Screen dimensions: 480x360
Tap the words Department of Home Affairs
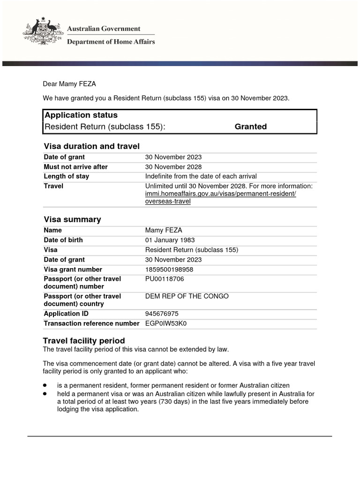(111, 42)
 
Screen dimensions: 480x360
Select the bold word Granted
(250, 127)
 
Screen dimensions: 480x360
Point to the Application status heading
(81, 115)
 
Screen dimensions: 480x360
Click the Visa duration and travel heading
(91, 146)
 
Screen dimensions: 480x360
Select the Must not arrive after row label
(75, 167)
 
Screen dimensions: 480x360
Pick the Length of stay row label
(66, 177)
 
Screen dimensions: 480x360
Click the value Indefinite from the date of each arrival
(201, 177)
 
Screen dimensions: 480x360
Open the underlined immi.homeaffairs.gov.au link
(220, 194)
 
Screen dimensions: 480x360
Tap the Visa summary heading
(72, 219)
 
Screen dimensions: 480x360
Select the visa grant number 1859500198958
(169, 270)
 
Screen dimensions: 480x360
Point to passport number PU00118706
(165, 279)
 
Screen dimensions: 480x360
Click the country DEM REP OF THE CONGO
(180, 296)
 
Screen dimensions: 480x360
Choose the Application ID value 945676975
(162, 314)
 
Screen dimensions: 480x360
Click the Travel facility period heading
(84, 341)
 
